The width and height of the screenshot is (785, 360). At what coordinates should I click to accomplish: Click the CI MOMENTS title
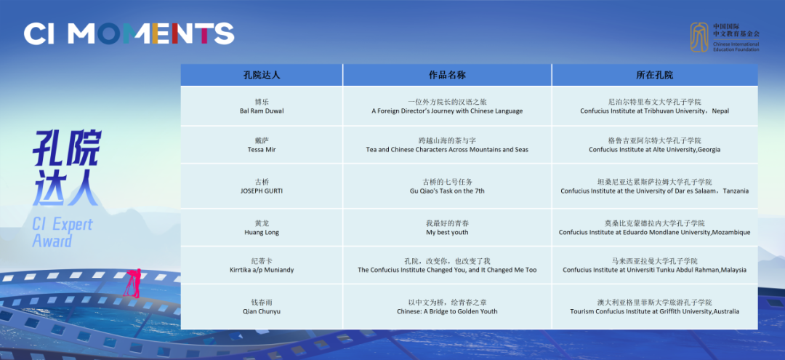pos(129,33)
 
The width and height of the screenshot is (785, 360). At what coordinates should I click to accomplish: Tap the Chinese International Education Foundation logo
pos(725,37)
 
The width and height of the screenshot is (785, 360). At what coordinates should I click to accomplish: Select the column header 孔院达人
pos(262,75)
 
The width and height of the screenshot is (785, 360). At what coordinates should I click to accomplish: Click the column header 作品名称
pos(447,75)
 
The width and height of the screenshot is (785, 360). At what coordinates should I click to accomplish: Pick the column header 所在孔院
pos(654,75)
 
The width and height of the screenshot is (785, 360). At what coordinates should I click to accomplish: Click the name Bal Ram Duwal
pos(262,111)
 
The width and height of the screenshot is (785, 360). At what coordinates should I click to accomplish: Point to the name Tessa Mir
pos(262,150)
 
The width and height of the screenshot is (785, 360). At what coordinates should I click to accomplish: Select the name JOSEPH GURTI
pos(262,191)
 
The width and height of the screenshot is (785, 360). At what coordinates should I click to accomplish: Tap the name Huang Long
pos(262,232)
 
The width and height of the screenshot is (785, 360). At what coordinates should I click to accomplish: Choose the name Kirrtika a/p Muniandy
pos(262,270)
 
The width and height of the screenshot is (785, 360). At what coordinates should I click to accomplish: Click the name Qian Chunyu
pos(262,311)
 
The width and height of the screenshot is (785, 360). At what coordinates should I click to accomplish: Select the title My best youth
pos(447,232)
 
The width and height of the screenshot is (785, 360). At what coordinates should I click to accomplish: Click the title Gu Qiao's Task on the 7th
pos(447,191)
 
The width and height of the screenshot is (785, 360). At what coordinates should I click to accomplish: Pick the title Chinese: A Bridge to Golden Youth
pos(447,311)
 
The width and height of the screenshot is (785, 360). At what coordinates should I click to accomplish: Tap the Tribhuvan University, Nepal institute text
pos(654,111)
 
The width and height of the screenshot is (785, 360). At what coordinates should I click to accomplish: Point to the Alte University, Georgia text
pos(654,150)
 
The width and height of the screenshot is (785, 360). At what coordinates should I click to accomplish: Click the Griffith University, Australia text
pos(654,311)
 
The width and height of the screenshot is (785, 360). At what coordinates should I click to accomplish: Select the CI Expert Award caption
pos(63,232)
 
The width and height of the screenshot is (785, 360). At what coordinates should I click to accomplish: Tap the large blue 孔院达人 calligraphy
pos(67,169)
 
